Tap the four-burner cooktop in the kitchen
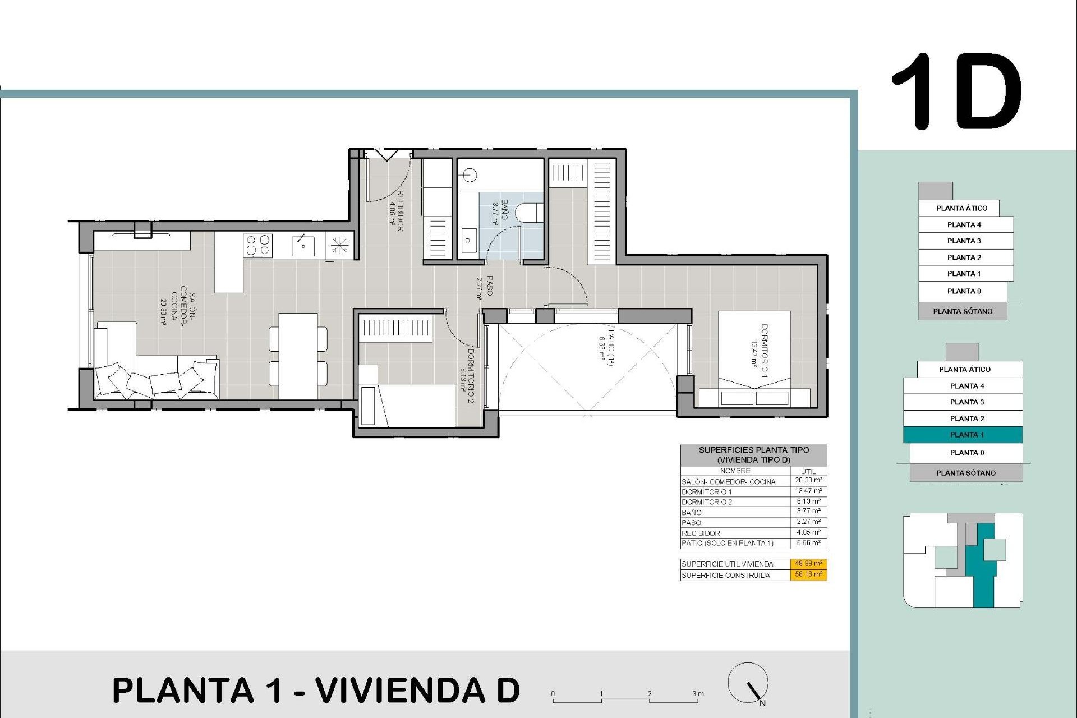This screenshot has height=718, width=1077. [x=258, y=246]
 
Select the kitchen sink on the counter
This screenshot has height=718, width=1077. [x=303, y=246]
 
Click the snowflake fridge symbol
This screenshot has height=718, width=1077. [x=339, y=246]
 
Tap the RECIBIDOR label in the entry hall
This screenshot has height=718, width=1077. [x=400, y=211]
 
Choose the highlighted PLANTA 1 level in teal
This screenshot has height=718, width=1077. [x=963, y=435]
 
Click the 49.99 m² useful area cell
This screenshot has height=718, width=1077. [x=808, y=564]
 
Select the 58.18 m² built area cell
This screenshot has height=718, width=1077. [x=808, y=574]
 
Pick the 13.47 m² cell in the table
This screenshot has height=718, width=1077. [x=808, y=491]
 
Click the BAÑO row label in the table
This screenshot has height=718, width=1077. [x=692, y=512]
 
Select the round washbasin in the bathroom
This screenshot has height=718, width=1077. [x=470, y=176]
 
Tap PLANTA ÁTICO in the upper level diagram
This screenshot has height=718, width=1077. [x=961, y=208]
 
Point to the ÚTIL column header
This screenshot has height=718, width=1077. [x=808, y=471]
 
